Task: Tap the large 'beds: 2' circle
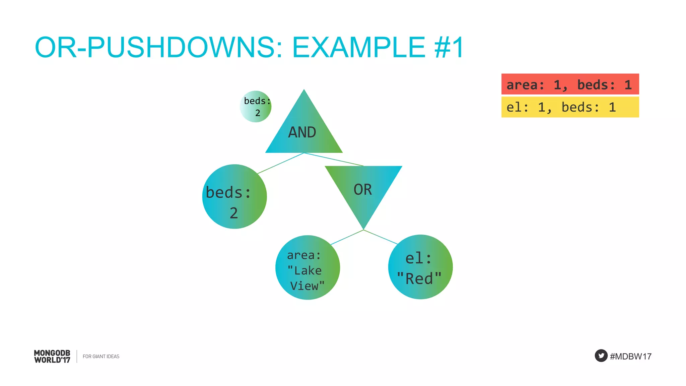[x=234, y=197]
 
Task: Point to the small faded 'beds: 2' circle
[x=256, y=107]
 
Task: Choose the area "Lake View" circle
[x=307, y=267]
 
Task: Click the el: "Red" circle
[x=420, y=267]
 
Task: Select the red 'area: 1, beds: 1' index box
[x=570, y=84]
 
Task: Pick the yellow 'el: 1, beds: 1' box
[x=570, y=107]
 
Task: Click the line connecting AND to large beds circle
[x=281, y=163]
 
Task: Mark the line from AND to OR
[x=334, y=159]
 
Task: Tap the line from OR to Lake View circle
[x=347, y=237]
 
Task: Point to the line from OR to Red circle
[x=381, y=237]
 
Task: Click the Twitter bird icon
[x=601, y=356]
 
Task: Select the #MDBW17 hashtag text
[x=630, y=357]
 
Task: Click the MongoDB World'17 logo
[x=52, y=357]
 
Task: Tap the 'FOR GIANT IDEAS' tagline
[x=101, y=357]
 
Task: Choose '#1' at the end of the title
[x=449, y=47]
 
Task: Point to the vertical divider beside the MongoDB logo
[x=77, y=357]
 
